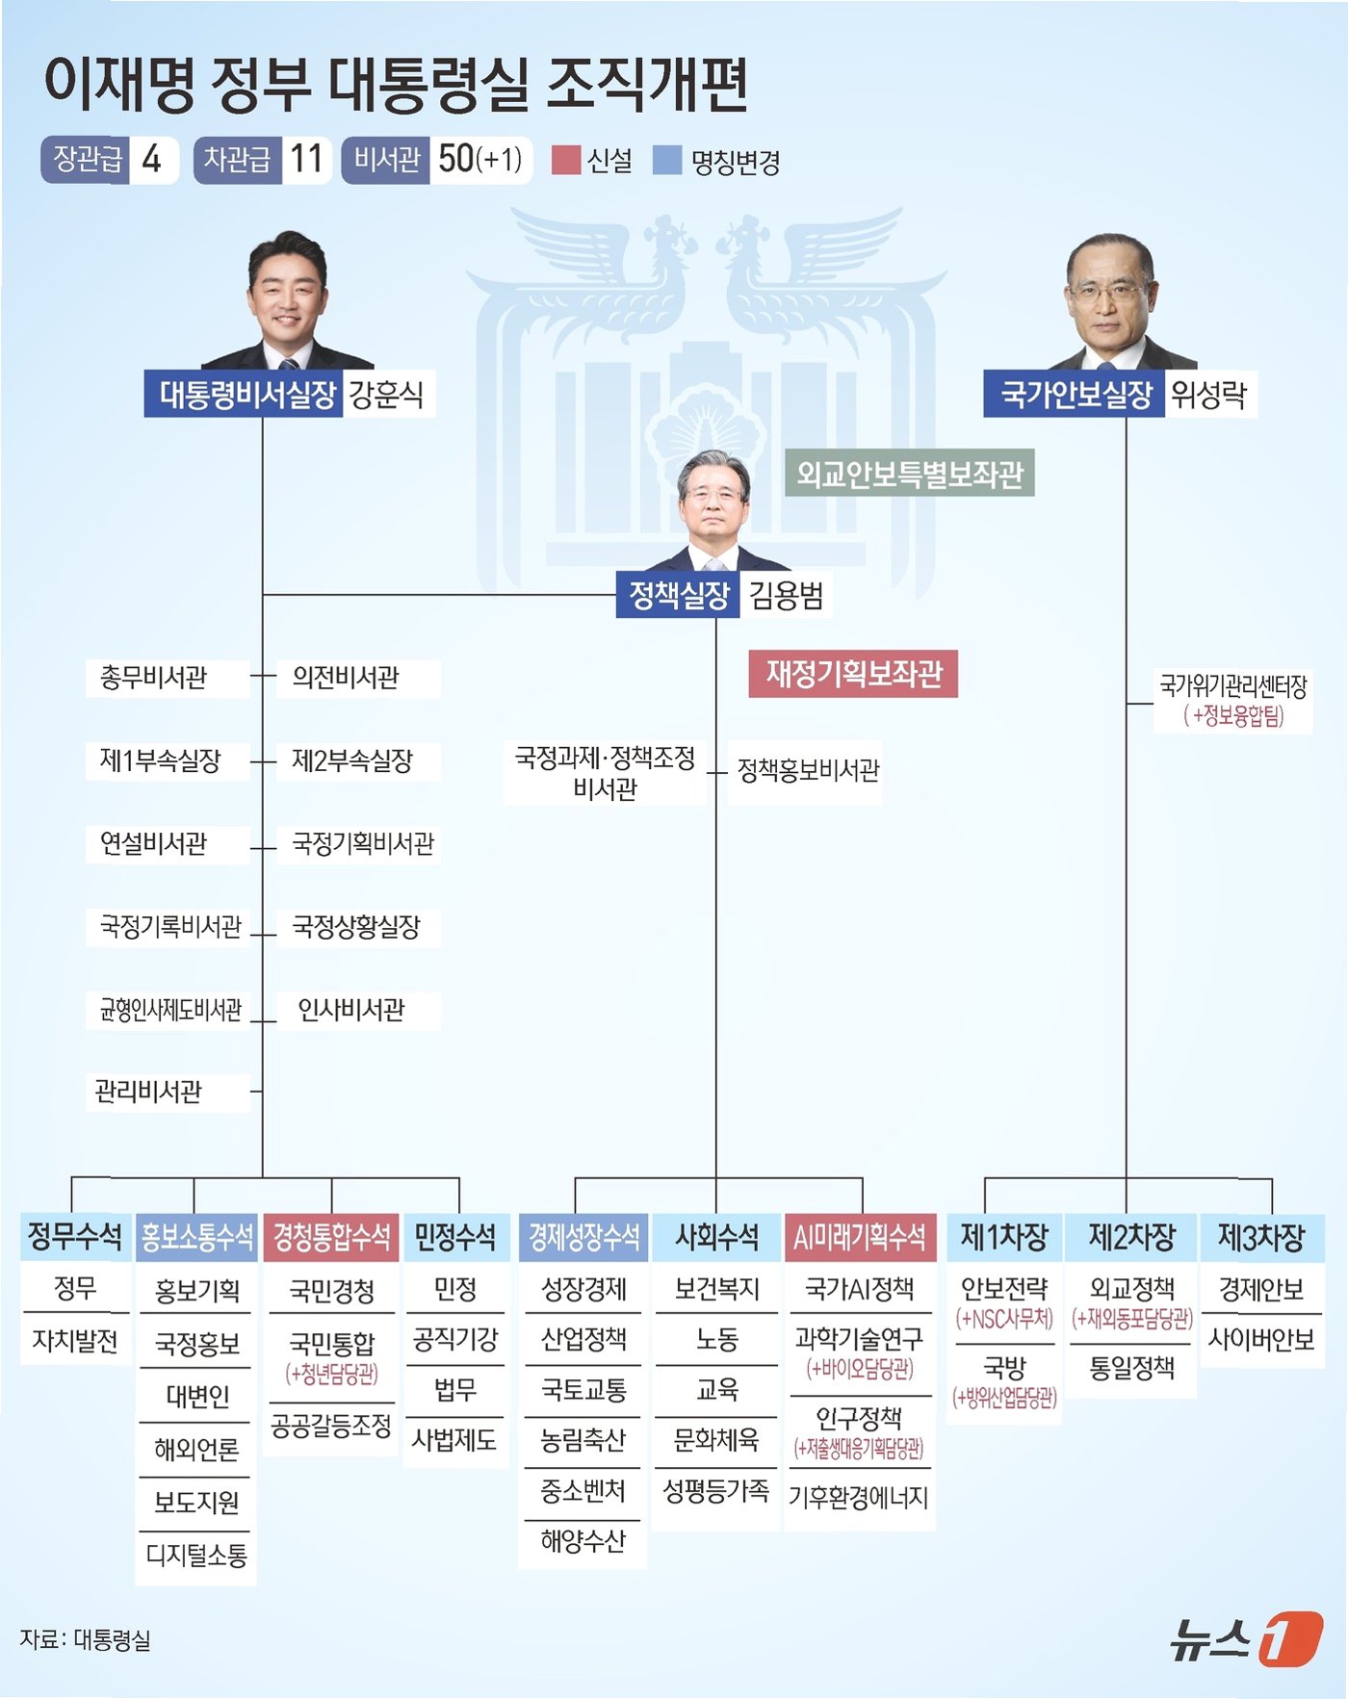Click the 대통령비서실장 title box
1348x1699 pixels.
click(244, 394)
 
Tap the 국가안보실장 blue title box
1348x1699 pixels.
click(1074, 394)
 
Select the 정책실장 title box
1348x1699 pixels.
click(678, 595)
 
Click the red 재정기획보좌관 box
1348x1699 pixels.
click(853, 674)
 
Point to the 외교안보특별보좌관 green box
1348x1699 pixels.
click(909, 473)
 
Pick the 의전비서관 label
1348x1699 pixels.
click(346, 678)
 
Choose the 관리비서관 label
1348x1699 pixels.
click(148, 1093)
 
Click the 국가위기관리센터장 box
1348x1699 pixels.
click(1232, 701)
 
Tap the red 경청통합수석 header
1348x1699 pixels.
click(331, 1237)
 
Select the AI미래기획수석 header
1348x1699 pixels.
click(860, 1237)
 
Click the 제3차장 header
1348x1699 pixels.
click(1261, 1237)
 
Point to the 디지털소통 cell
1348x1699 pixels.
click(196, 1555)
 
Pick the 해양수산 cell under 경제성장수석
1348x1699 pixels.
click(583, 1541)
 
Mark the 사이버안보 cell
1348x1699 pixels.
click(1261, 1339)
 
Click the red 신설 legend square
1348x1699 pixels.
click(565, 160)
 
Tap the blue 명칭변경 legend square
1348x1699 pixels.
click(666, 160)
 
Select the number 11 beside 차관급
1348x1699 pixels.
click(306, 159)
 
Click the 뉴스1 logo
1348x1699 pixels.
click(1247, 1636)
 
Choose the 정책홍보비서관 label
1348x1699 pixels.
click(808, 770)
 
